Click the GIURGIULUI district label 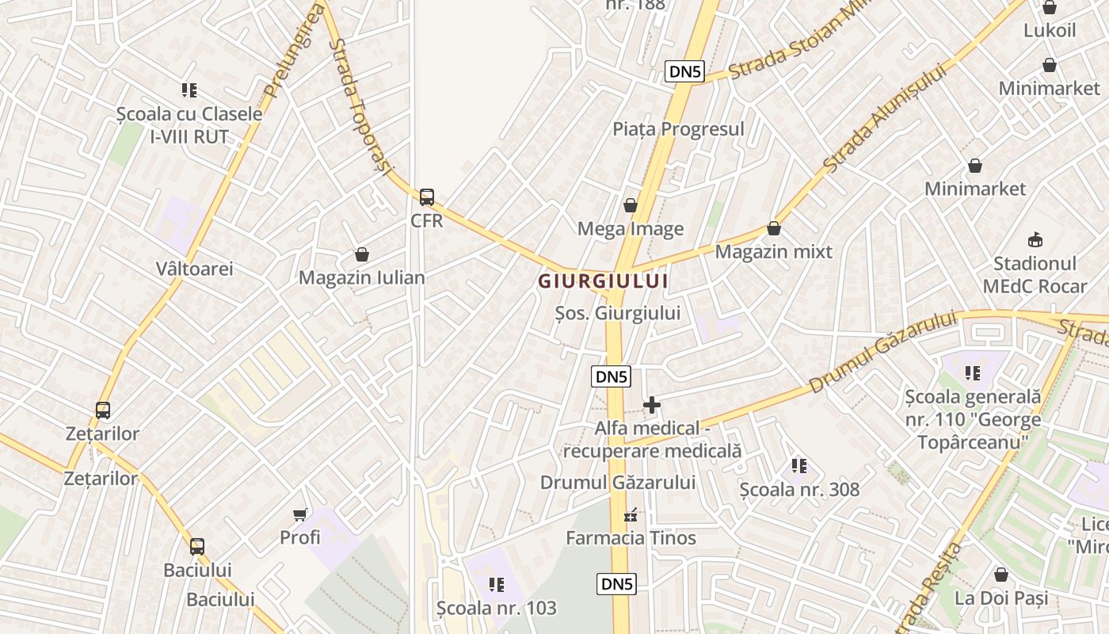click(x=604, y=281)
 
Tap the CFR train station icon click(x=427, y=197)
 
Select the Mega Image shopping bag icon click(x=631, y=206)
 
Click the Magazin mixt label click(x=773, y=252)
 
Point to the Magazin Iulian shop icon click(x=362, y=254)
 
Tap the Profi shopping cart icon click(x=300, y=515)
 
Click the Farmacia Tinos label click(x=631, y=538)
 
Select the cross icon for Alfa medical click(x=652, y=405)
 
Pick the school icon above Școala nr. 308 click(x=799, y=466)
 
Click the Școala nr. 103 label click(x=497, y=609)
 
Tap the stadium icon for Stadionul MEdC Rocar click(x=1035, y=239)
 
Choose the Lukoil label click(x=1050, y=31)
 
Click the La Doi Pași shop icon click(x=1001, y=575)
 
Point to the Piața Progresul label click(x=678, y=128)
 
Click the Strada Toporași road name click(x=356, y=103)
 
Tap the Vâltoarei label click(x=195, y=269)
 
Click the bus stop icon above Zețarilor click(x=103, y=411)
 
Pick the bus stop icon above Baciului click(x=197, y=547)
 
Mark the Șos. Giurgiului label click(x=617, y=313)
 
